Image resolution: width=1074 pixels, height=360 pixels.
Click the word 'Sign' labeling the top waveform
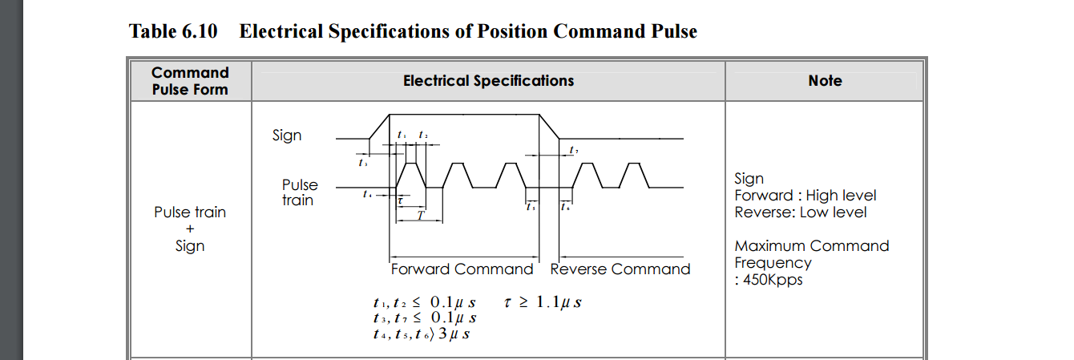287,136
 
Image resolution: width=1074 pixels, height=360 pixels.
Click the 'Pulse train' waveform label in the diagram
300,192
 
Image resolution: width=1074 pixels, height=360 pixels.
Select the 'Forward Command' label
462,269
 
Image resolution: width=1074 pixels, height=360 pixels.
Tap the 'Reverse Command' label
620,269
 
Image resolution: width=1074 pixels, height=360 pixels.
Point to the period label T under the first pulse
419,215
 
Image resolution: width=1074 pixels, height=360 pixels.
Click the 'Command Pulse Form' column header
190,81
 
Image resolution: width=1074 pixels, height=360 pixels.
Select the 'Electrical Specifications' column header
488,81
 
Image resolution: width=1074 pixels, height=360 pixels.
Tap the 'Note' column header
825,81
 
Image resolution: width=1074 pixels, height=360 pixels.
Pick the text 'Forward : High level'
805,196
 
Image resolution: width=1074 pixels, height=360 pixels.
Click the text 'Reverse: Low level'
800,212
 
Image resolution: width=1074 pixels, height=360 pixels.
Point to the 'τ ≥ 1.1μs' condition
543,302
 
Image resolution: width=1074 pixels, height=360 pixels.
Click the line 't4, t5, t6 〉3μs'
421,334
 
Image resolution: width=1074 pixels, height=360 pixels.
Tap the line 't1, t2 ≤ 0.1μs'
424,302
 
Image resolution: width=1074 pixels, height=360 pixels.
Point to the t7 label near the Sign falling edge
573,151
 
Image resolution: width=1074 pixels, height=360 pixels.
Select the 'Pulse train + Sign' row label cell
190,229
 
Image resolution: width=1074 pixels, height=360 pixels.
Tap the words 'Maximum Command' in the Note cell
811,246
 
